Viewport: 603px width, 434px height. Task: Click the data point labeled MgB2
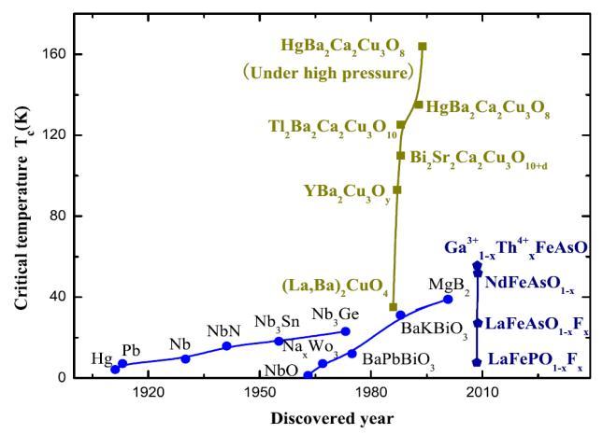click(x=448, y=299)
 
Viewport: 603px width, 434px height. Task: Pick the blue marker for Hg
click(x=115, y=369)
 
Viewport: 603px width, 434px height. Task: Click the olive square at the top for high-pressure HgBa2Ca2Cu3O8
click(x=423, y=46)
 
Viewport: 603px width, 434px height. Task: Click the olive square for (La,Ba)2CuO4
click(x=394, y=306)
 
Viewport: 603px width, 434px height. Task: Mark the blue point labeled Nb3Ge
click(x=345, y=331)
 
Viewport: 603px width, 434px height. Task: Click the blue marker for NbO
click(x=308, y=375)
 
